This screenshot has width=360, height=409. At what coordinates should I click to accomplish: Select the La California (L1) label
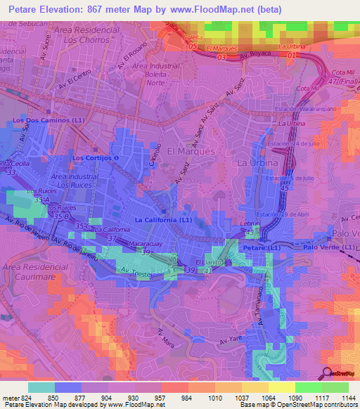point(162,220)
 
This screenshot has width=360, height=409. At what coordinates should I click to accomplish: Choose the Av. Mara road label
point(166,337)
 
